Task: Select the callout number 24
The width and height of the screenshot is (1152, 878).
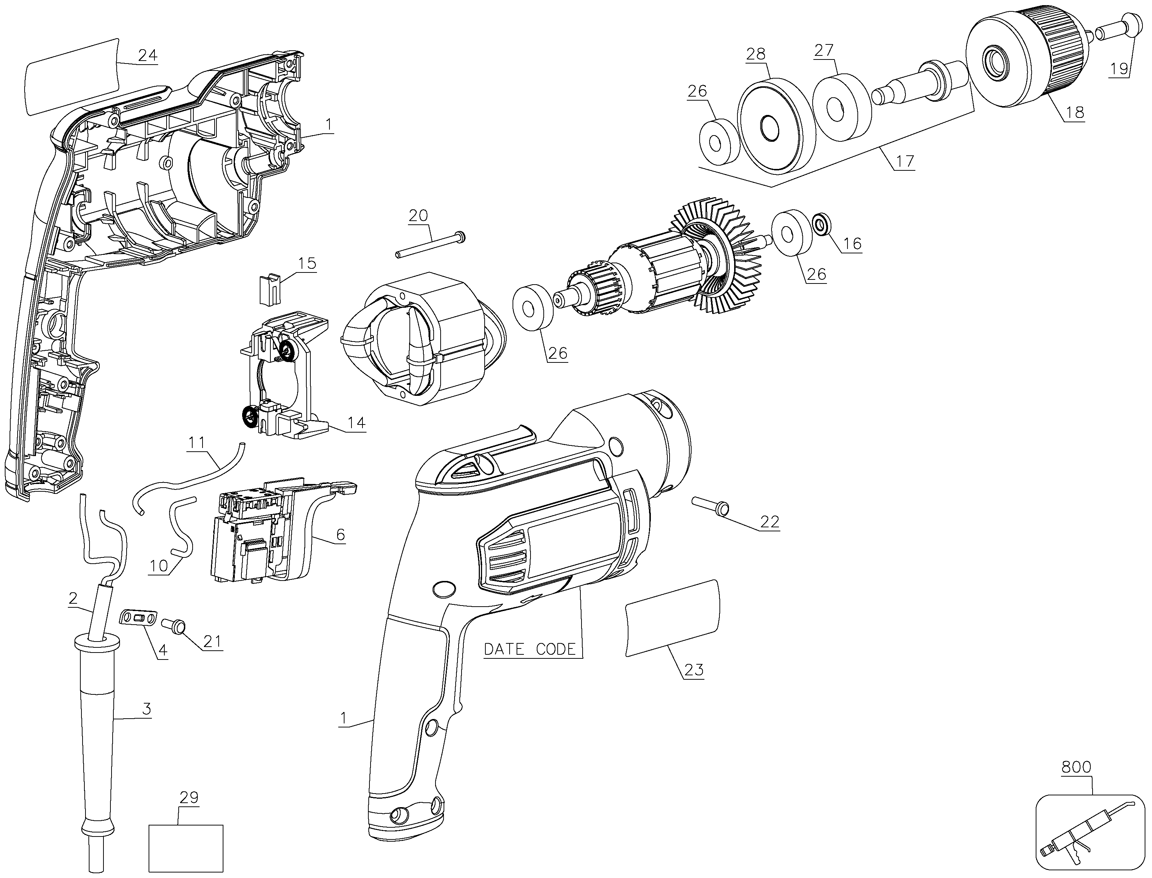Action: (148, 55)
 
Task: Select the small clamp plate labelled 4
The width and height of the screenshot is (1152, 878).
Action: (139, 618)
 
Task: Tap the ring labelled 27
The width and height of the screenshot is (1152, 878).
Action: (841, 108)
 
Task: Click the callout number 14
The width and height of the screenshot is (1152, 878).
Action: (357, 423)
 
